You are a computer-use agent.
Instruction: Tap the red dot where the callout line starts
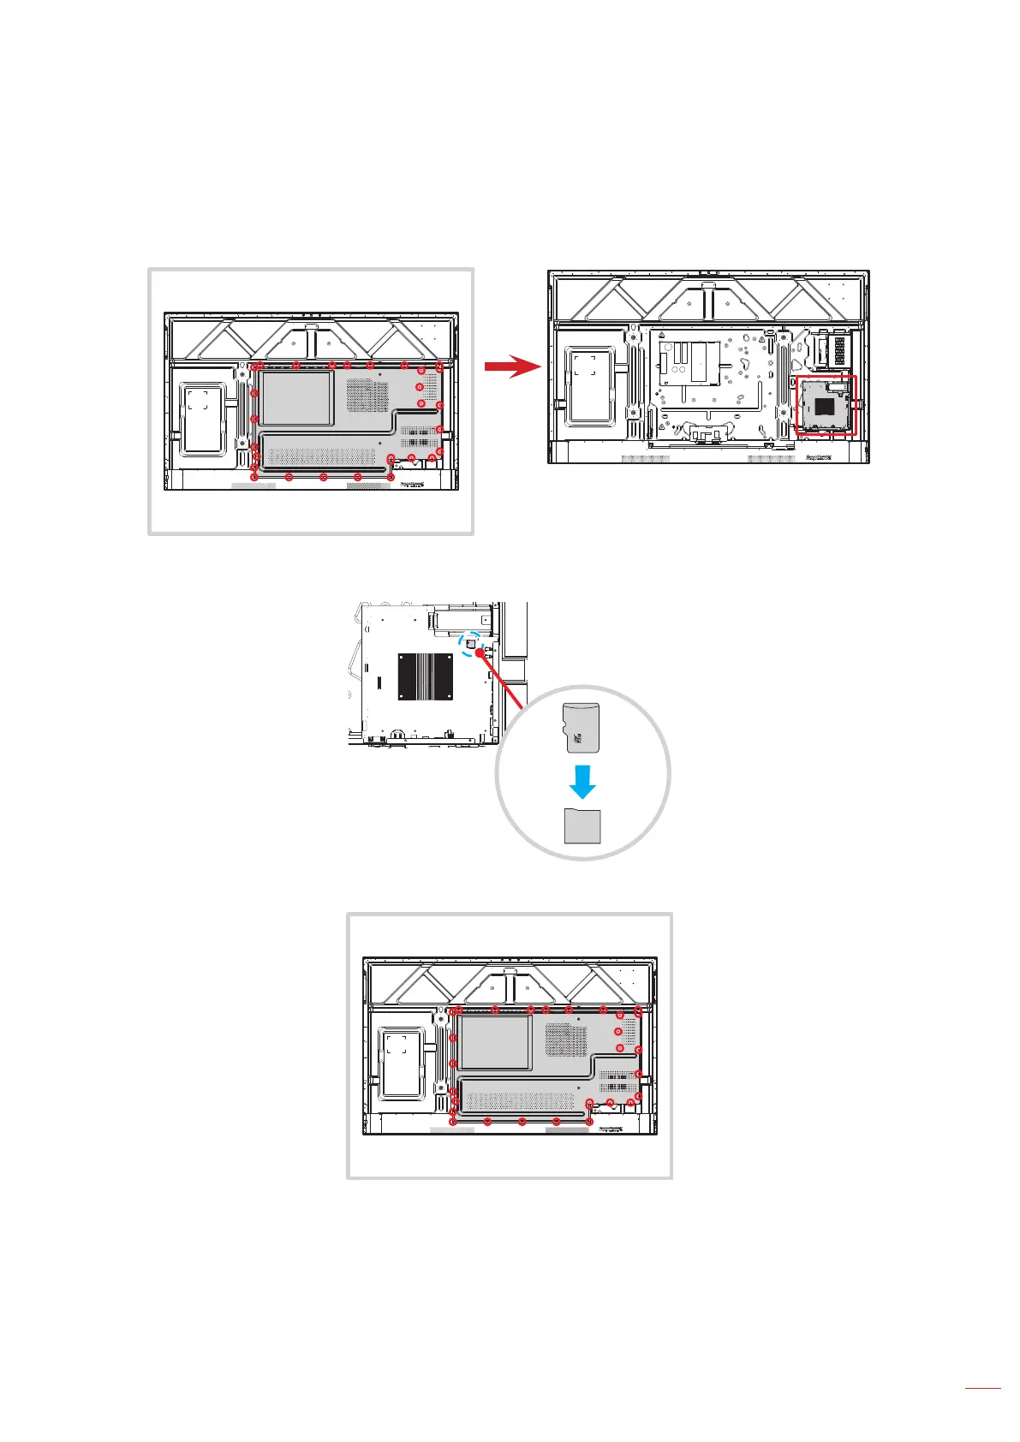[x=480, y=652]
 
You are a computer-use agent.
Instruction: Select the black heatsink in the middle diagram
[x=426, y=676]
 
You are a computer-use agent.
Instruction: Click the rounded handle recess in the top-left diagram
[x=203, y=418]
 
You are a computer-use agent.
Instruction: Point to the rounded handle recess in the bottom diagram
[x=402, y=1062]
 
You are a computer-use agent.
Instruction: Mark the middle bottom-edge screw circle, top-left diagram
[x=323, y=477]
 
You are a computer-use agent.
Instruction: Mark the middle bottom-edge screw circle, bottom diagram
[x=522, y=1121]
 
